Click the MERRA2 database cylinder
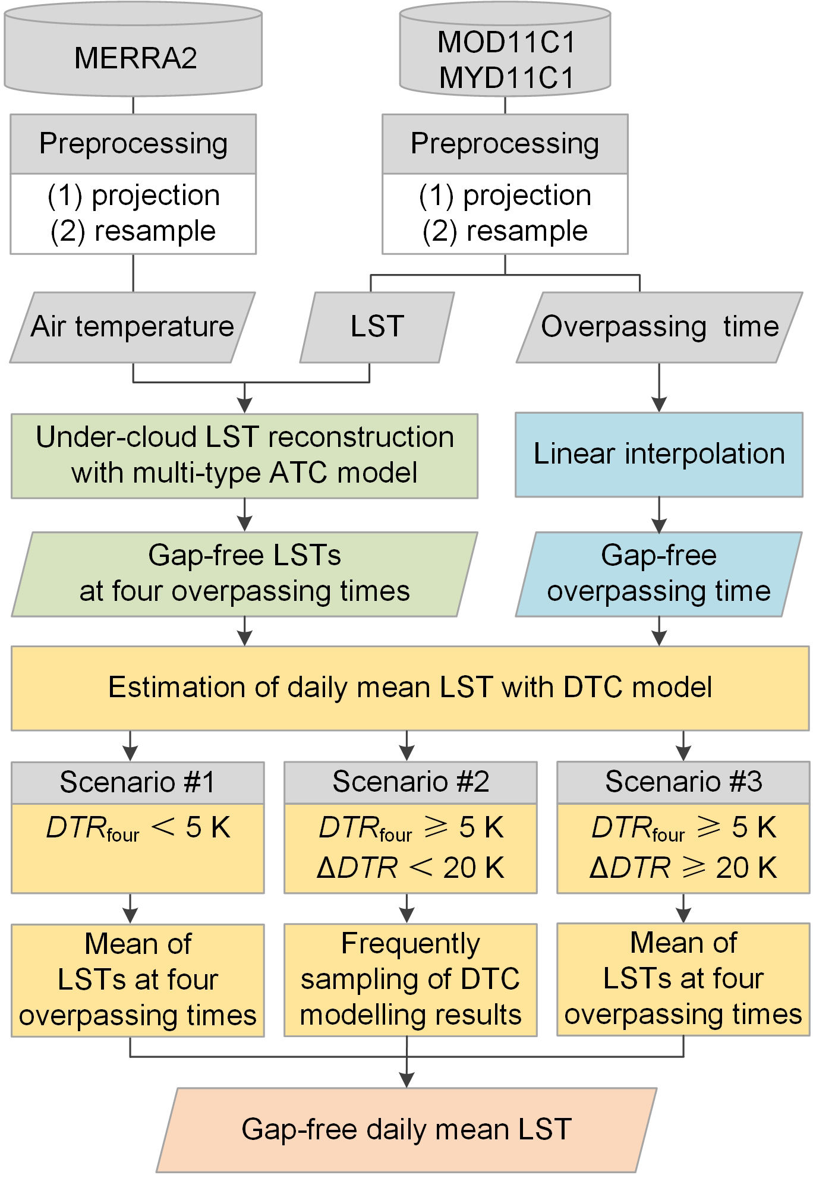point(133,58)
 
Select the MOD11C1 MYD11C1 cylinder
point(505,59)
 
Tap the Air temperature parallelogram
point(133,327)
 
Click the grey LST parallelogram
point(377,327)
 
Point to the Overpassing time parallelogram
point(659,327)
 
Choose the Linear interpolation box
point(659,455)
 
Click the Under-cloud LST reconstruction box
point(244,455)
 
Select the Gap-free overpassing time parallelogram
point(658,574)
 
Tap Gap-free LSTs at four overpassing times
point(244,574)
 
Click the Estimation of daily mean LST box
point(410,688)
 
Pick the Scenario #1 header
point(137,782)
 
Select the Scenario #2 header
point(410,782)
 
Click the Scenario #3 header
point(683,782)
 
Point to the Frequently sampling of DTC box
point(410,979)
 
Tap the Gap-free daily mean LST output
point(406,1129)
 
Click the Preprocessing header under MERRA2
point(133,144)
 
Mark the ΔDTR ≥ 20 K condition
point(683,868)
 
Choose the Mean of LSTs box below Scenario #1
point(137,979)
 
